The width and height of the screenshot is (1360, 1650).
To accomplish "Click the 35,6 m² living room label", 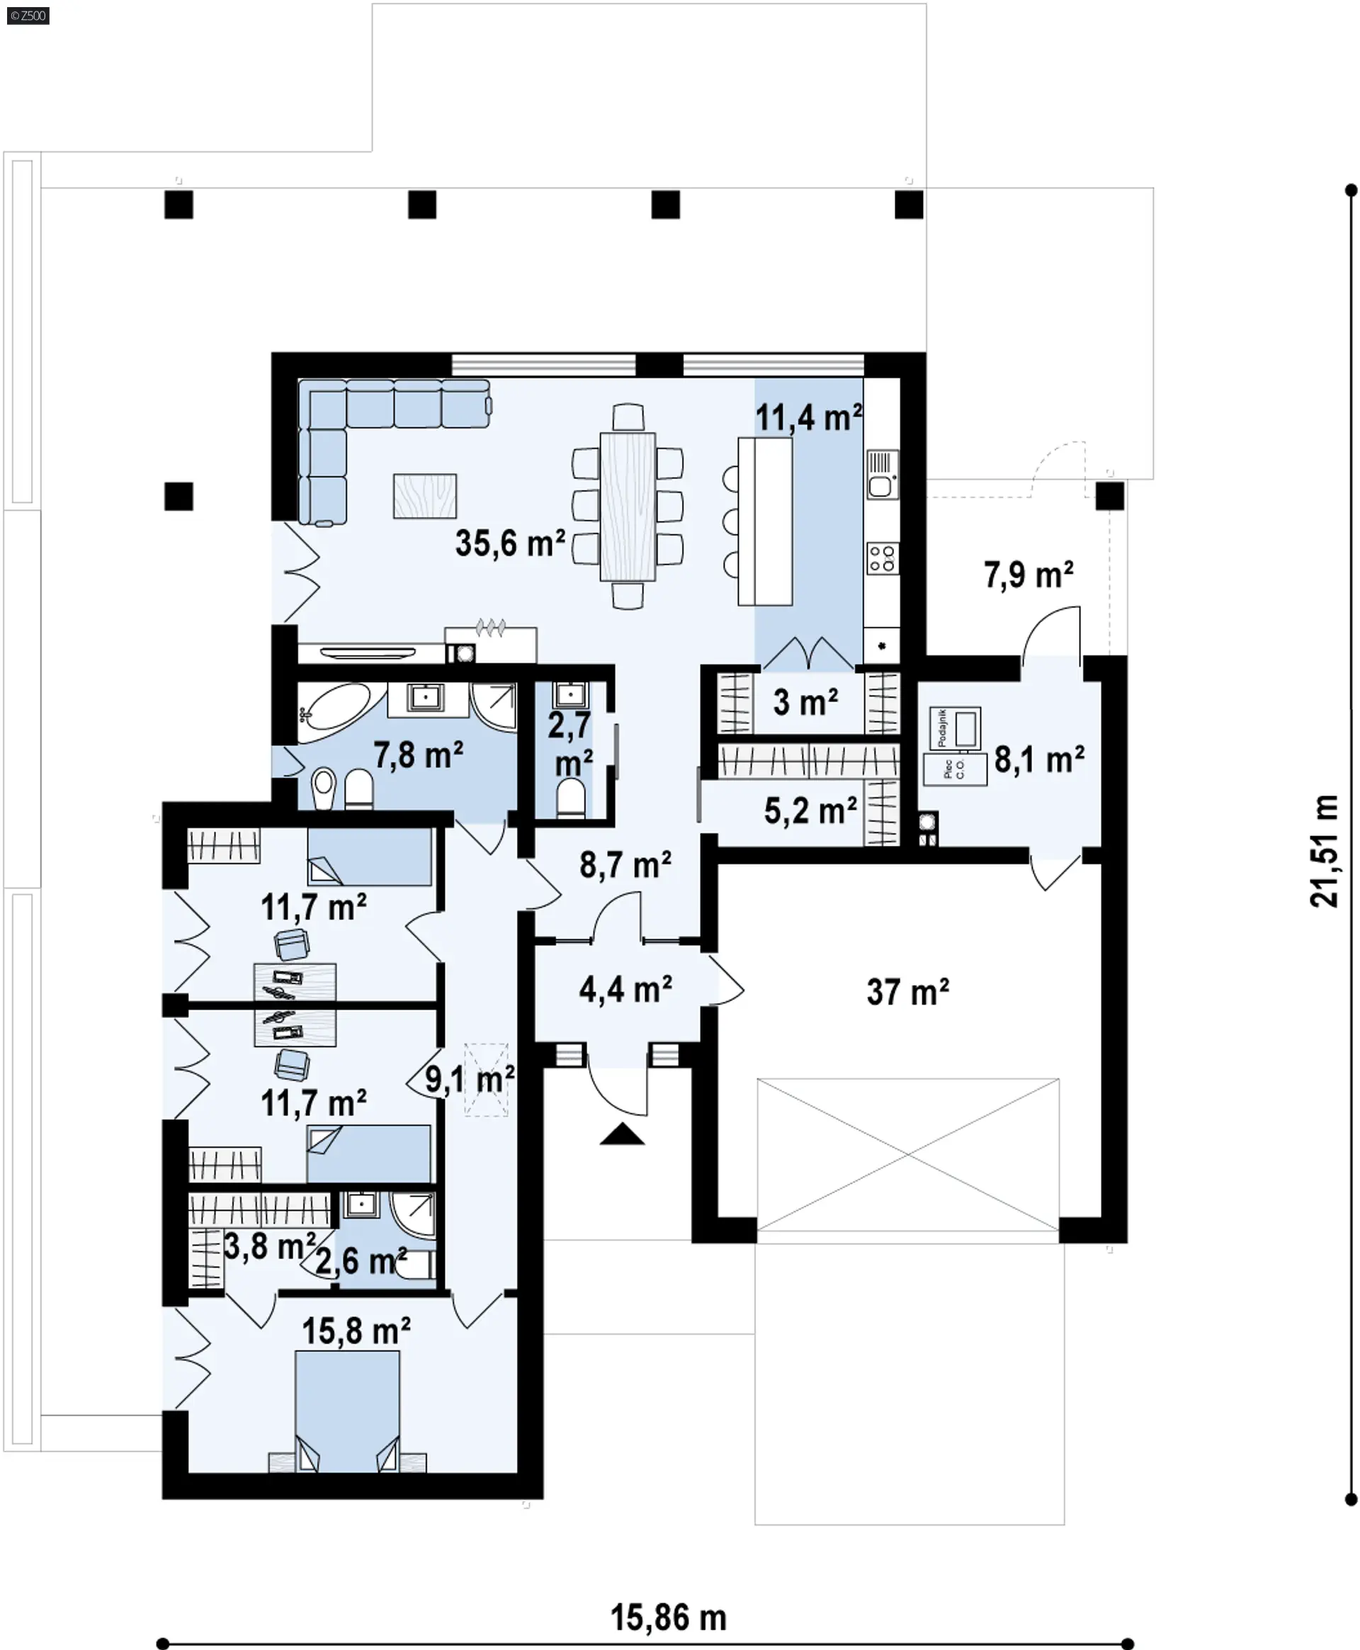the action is (510, 543).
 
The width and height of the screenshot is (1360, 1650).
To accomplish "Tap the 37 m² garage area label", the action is (908, 992).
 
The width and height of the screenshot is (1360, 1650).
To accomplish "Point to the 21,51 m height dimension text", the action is (1325, 851).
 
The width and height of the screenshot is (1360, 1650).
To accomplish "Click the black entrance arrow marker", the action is (622, 1134).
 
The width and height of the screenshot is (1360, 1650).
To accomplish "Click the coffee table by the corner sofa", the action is (424, 496).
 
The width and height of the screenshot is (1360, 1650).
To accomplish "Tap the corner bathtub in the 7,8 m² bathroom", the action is (334, 713).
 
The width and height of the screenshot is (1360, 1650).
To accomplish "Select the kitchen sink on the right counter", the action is (882, 474).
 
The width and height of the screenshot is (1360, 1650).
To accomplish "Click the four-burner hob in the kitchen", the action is (882, 558).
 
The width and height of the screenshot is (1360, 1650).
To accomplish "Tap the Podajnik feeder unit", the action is (955, 727).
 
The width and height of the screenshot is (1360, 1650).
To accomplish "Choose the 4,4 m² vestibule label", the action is (625, 990).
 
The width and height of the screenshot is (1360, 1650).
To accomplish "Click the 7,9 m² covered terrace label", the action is (1028, 575).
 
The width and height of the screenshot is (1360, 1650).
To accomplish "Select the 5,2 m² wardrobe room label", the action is (811, 811).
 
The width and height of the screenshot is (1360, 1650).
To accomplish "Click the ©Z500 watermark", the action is (28, 15).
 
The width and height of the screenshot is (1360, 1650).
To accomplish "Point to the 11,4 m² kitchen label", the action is (808, 417).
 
